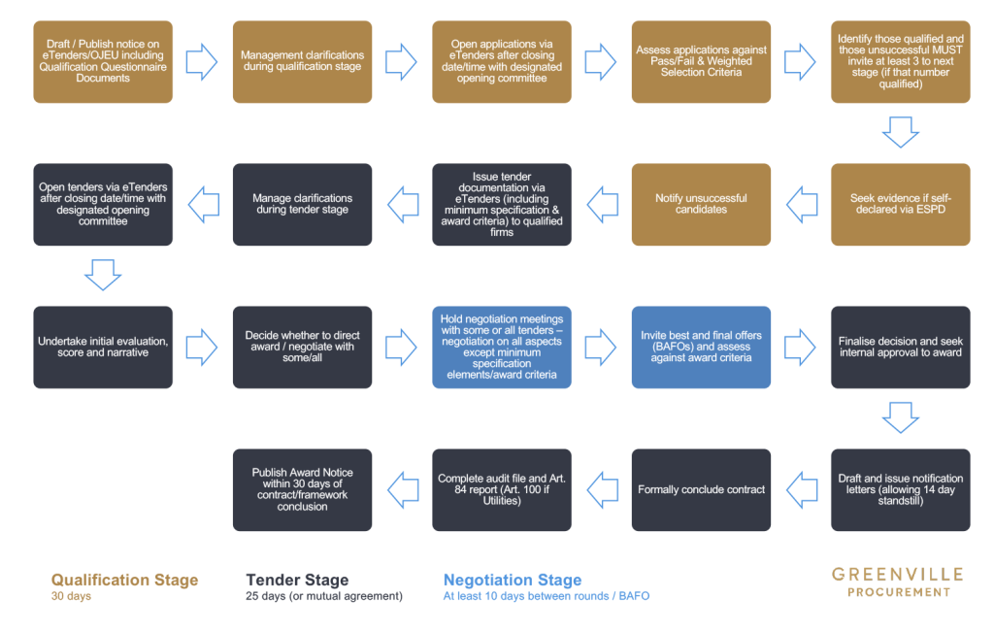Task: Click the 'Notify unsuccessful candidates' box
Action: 701,205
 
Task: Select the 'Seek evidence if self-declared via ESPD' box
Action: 900,205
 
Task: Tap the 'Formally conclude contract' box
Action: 701,489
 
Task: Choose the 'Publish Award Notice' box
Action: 302,489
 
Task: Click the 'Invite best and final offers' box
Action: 701,347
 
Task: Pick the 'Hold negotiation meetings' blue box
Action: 502,347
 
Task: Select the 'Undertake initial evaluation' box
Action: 103,347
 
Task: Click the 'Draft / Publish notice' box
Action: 103,61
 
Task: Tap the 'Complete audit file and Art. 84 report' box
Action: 502,489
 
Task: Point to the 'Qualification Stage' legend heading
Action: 124,581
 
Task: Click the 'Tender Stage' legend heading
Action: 297,581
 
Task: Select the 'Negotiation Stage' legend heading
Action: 513,581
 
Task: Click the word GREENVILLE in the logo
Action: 898,575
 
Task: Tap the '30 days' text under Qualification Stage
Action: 71,596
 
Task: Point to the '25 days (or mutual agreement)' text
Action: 324,596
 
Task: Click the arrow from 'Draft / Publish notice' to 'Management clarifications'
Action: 202,61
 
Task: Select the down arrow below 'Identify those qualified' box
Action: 900,132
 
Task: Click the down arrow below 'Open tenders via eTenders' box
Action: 103,275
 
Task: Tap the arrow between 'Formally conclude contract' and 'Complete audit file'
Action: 602,489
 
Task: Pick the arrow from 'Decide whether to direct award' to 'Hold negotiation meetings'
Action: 402,347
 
